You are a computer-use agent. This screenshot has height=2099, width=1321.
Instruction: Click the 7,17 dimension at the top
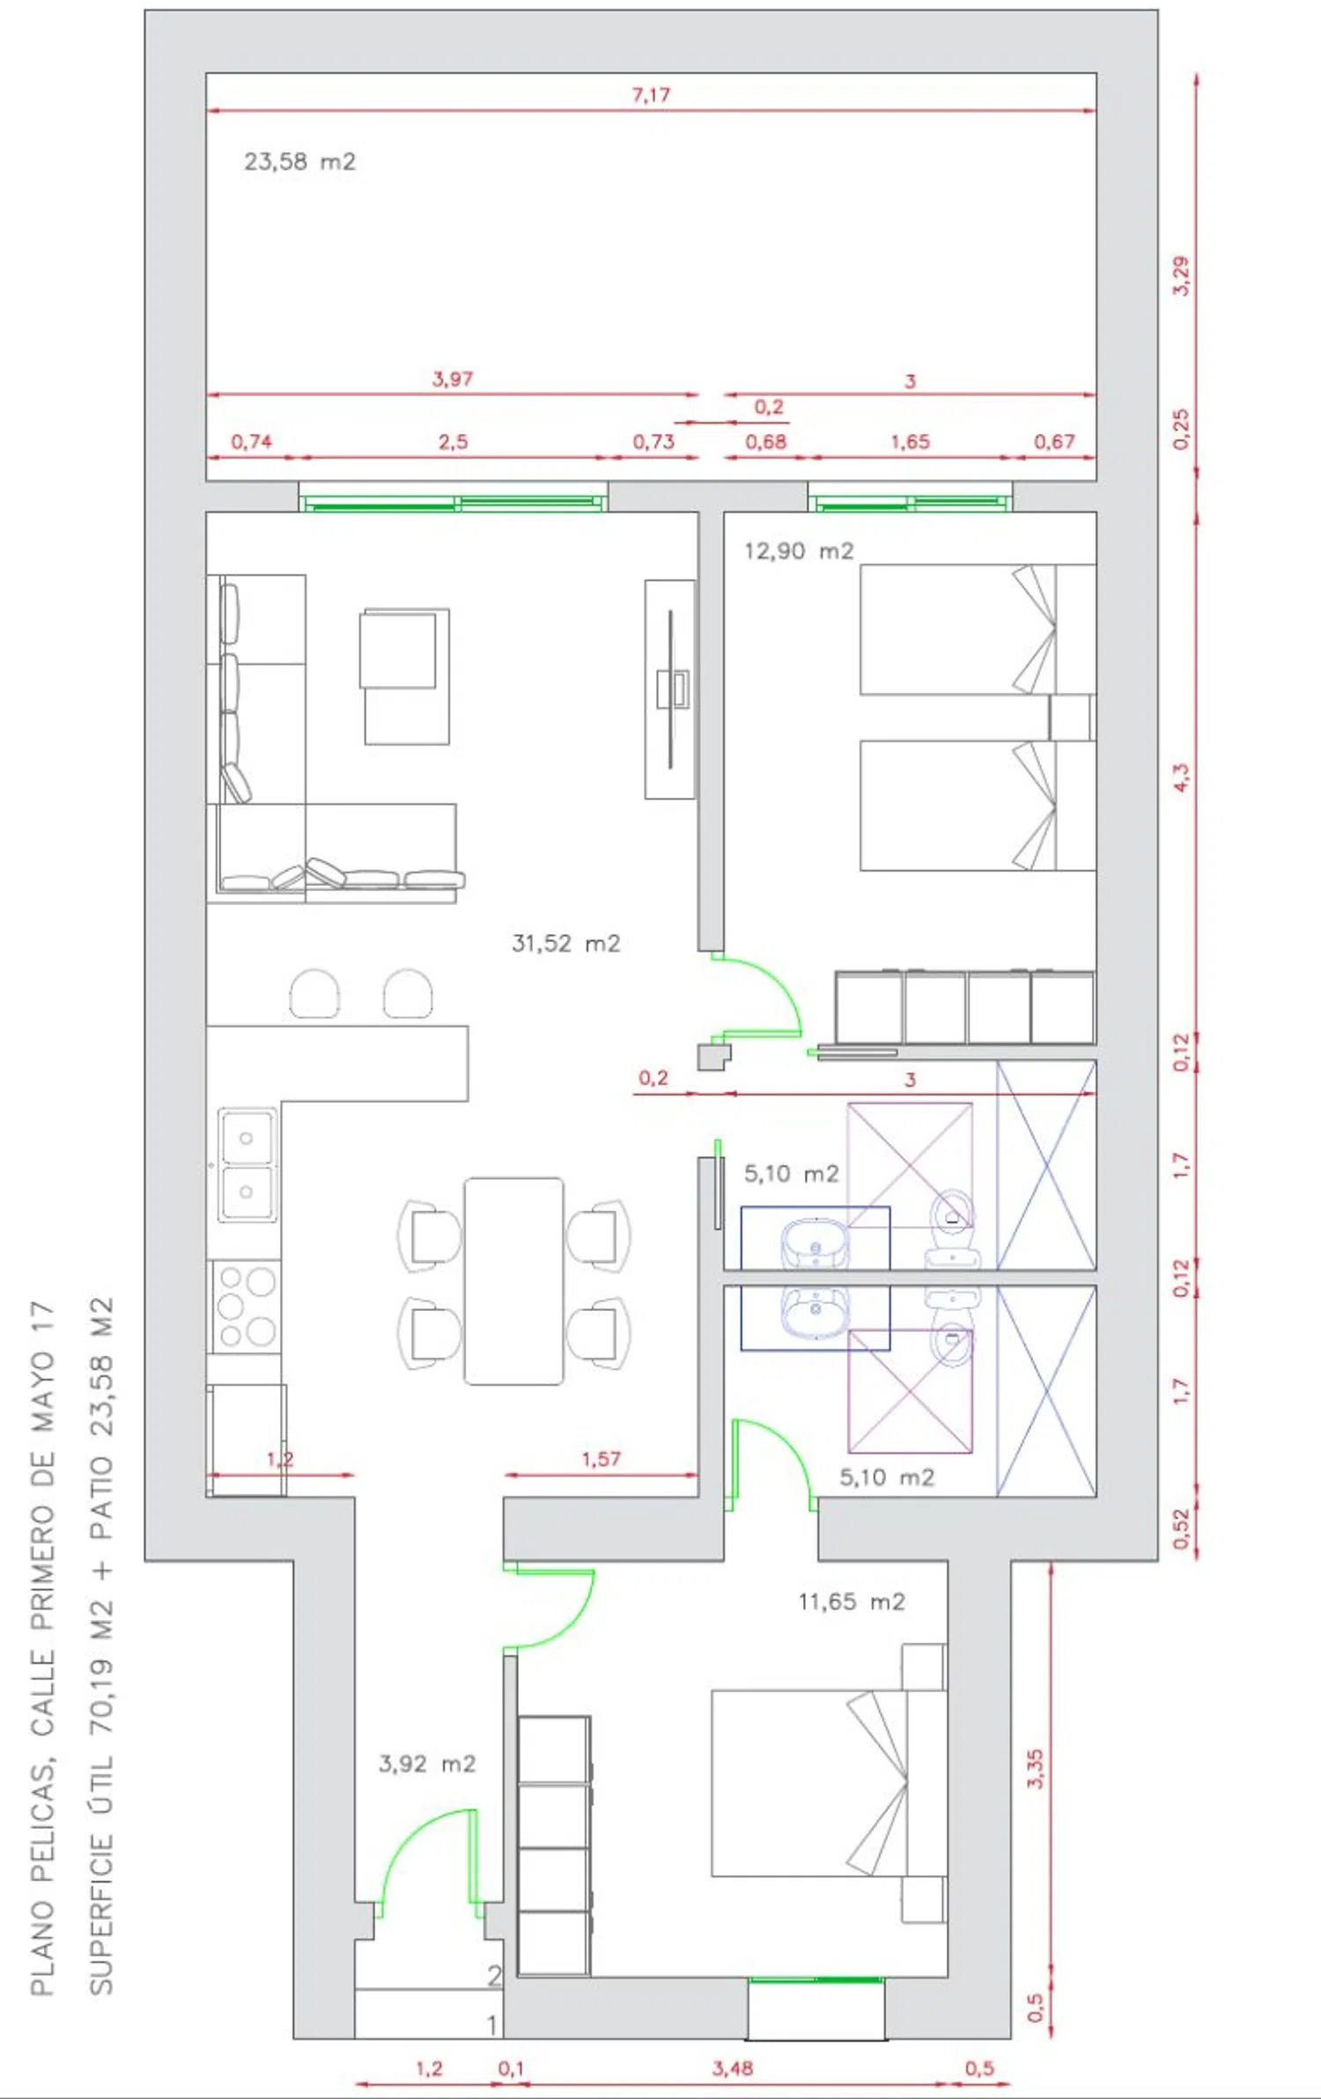(x=651, y=94)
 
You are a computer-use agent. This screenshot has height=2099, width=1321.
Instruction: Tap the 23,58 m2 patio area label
(x=299, y=162)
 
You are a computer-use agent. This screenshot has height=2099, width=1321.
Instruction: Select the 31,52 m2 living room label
(x=566, y=944)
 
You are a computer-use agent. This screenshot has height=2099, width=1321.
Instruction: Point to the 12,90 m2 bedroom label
(x=799, y=551)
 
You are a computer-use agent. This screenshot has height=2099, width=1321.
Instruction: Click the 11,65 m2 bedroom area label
(x=852, y=1602)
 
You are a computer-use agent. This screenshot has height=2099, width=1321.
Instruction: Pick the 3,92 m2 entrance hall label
(x=427, y=1764)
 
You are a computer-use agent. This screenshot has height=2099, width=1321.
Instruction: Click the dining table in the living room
(x=514, y=1281)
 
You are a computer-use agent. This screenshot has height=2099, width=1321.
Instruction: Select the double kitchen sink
(x=247, y=1165)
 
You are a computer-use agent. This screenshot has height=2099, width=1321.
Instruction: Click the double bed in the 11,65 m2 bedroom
(x=829, y=1783)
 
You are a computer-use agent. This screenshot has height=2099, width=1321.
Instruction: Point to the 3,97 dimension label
(x=453, y=379)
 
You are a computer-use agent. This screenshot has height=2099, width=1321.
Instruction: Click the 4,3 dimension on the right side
(x=1181, y=777)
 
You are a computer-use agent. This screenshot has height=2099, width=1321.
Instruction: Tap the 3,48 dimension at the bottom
(x=733, y=2068)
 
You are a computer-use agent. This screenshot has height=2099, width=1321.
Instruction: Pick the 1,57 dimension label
(x=601, y=1459)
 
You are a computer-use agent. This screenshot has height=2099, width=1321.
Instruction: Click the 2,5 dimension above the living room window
(x=453, y=442)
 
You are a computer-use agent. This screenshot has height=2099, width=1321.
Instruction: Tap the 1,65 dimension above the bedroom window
(x=910, y=442)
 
